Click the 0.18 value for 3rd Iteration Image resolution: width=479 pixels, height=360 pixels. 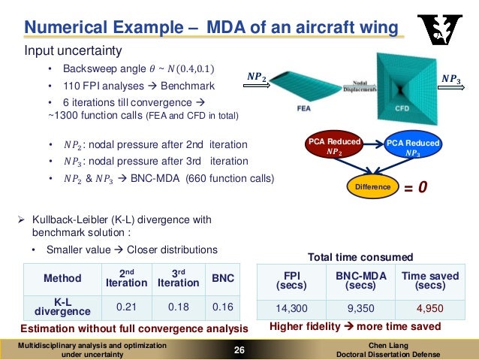pyautogui.click(x=178, y=307)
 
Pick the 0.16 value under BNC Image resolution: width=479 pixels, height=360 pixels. pyautogui.click(x=223, y=307)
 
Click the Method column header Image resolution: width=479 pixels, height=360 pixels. pyautogui.click(x=62, y=278)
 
